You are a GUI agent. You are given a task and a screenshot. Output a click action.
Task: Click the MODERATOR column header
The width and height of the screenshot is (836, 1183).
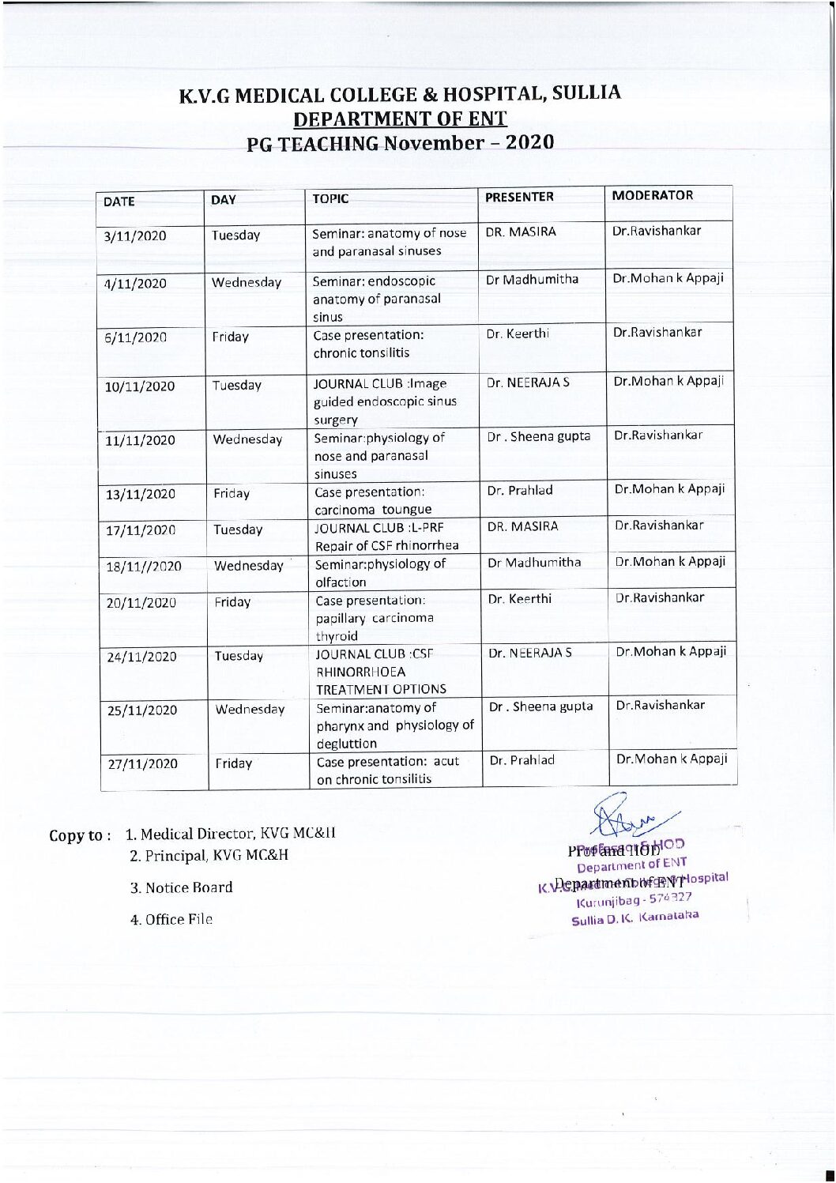coord(652,195)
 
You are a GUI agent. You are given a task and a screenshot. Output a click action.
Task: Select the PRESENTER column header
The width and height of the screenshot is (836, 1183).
coord(519,197)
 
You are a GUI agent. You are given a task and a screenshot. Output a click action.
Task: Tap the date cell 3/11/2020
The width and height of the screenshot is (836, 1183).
coord(135,235)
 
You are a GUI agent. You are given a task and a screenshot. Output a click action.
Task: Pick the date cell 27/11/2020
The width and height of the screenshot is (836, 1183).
coord(142,764)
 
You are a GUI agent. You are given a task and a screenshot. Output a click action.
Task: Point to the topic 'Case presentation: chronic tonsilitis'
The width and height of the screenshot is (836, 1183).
coord(368,344)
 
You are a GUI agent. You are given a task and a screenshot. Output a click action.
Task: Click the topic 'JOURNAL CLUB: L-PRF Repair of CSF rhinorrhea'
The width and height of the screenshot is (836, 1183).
coord(386,537)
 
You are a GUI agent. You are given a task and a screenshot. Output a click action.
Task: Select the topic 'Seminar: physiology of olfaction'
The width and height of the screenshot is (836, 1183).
coord(380,573)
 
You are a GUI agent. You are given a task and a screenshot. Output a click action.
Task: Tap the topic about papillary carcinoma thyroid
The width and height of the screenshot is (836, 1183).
coord(375,618)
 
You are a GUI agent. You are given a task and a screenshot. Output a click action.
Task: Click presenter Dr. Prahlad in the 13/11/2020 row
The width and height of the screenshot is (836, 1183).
coord(520,490)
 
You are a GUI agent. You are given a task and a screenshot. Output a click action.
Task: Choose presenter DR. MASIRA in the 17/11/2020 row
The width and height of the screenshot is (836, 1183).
coord(522,526)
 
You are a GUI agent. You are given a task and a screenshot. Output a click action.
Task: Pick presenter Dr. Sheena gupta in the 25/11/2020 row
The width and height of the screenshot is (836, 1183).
coord(540,706)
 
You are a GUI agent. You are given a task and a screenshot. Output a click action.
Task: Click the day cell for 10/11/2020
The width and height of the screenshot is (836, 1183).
coord(236,386)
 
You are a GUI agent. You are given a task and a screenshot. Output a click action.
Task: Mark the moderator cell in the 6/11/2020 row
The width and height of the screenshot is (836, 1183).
coord(657,333)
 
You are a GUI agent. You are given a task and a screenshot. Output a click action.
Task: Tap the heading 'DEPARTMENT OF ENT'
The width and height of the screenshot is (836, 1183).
coord(400,119)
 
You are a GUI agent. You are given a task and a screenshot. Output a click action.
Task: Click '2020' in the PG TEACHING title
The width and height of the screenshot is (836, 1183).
coord(529,142)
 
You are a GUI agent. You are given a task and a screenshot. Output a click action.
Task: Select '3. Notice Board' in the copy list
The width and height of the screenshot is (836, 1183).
coord(181,887)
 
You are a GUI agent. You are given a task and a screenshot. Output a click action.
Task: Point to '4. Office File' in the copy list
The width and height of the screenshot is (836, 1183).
coord(171,919)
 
